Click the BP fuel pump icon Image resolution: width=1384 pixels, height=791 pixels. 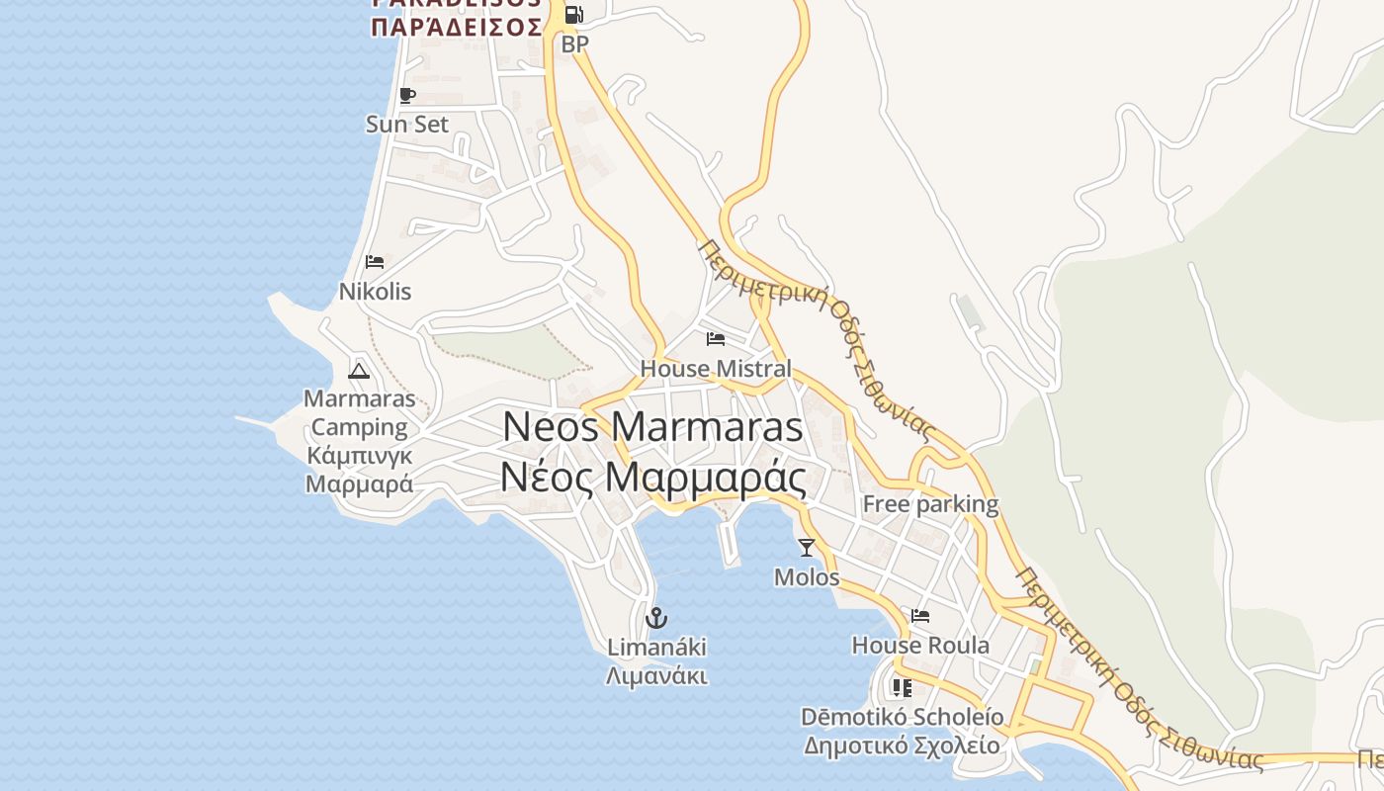click(x=573, y=15)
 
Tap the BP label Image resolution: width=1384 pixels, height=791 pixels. click(x=574, y=44)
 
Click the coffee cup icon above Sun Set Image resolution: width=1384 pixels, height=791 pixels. click(x=406, y=95)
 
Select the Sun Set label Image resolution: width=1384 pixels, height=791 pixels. click(x=406, y=124)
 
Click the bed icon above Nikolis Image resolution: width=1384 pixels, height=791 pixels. click(x=375, y=262)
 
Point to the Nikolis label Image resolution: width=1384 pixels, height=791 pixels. click(x=375, y=292)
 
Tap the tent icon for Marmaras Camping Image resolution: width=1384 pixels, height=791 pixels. click(x=359, y=371)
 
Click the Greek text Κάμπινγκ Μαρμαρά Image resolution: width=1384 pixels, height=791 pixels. click(x=359, y=470)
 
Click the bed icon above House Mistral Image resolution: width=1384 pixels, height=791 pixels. click(x=716, y=339)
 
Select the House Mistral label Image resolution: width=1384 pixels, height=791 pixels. click(x=716, y=369)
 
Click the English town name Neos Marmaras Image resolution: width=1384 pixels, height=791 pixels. click(x=652, y=426)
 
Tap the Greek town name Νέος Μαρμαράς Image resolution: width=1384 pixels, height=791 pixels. click(x=652, y=477)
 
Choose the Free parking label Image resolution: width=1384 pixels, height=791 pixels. click(x=930, y=504)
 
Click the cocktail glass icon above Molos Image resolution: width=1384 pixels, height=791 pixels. click(x=807, y=547)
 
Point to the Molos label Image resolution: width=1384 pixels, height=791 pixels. click(x=807, y=576)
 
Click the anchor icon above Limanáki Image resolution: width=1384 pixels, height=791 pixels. click(x=656, y=618)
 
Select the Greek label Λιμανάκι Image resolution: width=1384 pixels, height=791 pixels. click(x=656, y=676)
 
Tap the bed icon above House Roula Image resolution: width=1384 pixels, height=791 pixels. click(x=920, y=616)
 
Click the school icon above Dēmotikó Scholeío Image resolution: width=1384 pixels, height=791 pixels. click(x=902, y=686)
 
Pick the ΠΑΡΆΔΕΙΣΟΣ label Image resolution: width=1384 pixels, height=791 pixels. click(x=457, y=27)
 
